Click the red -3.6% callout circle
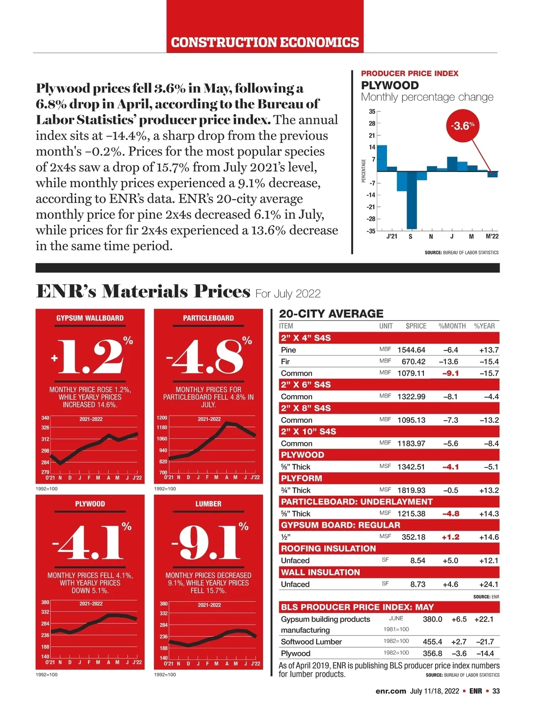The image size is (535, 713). click(462, 126)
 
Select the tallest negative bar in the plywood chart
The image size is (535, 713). click(412, 200)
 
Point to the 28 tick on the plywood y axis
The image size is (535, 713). click(372, 123)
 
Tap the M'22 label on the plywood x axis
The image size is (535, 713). click(492, 236)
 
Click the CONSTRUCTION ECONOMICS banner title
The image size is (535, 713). click(265, 42)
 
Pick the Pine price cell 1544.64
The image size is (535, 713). click(411, 350)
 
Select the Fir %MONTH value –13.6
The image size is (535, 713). click(449, 361)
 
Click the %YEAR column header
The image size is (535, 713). click(484, 326)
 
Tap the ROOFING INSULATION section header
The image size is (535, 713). click(329, 549)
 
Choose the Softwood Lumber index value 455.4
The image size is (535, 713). click(432, 642)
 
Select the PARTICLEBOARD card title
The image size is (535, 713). click(208, 318)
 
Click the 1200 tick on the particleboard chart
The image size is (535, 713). click(162, 418)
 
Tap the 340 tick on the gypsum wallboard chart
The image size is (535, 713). click(45, 418)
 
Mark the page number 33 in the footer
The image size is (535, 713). click(496, 691)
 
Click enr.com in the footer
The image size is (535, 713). click(391, 691)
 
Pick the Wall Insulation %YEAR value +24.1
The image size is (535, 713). click(489, 584)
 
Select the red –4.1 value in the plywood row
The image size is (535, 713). click(450, 467)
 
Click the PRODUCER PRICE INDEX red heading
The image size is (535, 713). click(409, 74)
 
